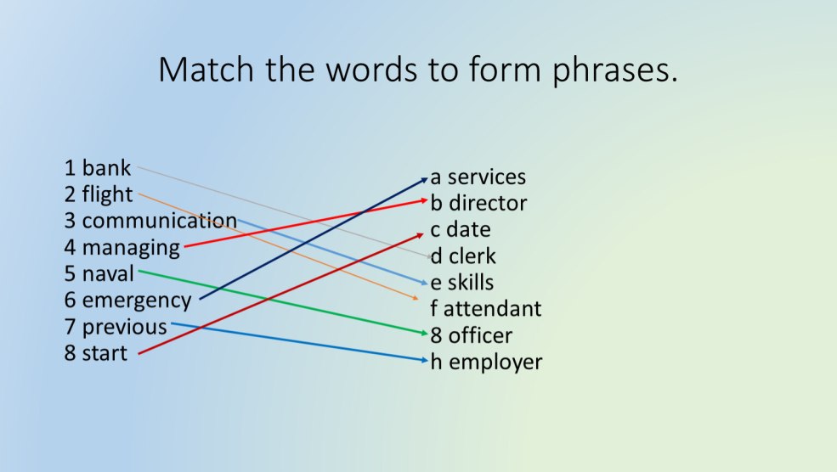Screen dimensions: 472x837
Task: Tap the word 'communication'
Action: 159,222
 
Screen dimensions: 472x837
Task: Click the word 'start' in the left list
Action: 105,353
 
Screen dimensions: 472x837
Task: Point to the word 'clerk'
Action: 472,256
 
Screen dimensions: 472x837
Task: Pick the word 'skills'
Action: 471,283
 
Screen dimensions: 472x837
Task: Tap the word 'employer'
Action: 495,362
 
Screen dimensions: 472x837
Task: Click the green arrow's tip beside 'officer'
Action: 427,334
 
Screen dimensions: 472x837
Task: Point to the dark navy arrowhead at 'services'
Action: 426,178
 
